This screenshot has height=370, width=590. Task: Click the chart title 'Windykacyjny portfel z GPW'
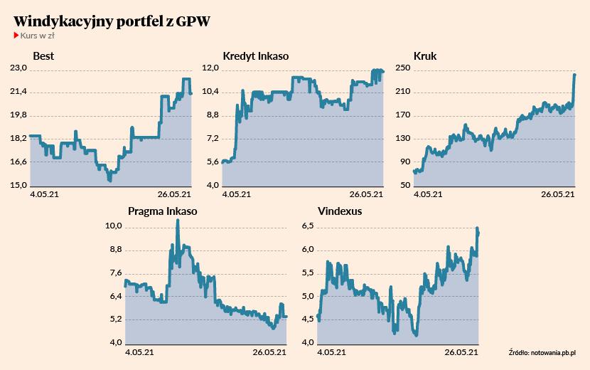click(x=112, y=21)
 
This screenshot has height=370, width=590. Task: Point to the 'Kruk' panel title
click(x=425, y=56)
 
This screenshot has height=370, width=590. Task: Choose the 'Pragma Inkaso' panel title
click(x=162, y=211)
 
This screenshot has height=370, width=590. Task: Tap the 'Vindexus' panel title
click(x=340, y=211)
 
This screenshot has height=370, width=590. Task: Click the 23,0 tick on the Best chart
click(x=17, y=68)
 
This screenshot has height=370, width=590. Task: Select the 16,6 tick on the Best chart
click(x=17, y=162)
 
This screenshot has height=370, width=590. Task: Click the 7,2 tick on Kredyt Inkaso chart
click(x=210, y=139)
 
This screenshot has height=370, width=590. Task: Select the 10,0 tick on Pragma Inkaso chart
click(x=114, y=226)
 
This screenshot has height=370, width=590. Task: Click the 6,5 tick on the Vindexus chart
click(x=306, y=226)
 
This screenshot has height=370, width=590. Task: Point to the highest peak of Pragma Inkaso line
click(x=178, y=220)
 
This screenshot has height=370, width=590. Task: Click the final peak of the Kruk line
click(x=574, y=74)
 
